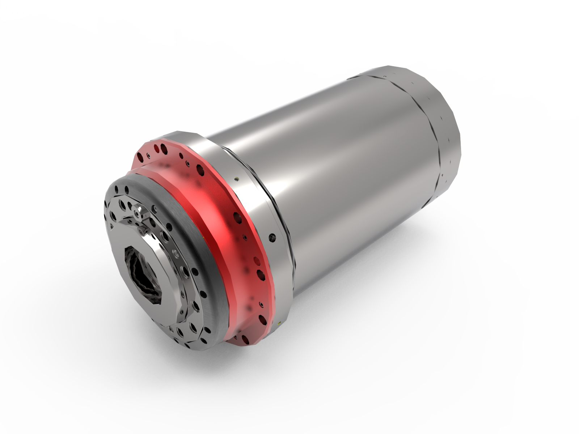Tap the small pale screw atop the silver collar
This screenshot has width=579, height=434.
(236, 178)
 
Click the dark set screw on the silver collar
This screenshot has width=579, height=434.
(272, 237)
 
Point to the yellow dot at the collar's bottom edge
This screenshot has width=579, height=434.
(279, 322)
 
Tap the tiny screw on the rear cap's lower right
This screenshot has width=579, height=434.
(442, 174)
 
